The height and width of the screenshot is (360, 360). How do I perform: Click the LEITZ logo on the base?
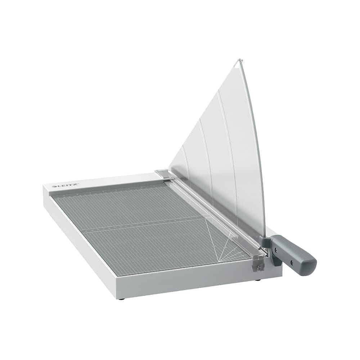pyautogui.click(x=65, y=186)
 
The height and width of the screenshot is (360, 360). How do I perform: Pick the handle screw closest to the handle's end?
pyautogui.click(x=292, y=263)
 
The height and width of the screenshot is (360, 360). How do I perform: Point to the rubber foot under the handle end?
pyautogui.click(x=258, y=280)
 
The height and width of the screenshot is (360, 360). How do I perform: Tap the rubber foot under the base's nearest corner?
pyautogui.click(x=122, y=298)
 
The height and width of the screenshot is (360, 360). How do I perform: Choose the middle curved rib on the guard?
pyautogui.click(x=207, y=158)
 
